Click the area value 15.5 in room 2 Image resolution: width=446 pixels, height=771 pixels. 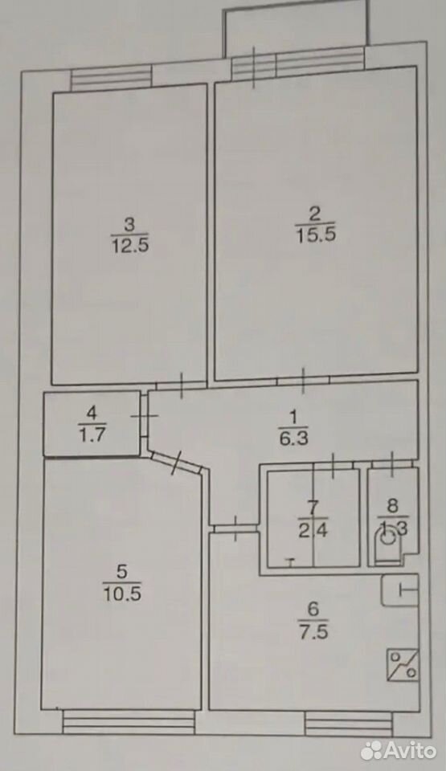[316, 235]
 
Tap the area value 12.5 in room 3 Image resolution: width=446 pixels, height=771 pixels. [129, 244]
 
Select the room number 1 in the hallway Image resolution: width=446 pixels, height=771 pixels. [293, 418]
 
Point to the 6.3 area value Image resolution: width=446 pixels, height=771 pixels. [294, 438]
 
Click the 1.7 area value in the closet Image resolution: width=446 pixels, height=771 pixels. [92, 434]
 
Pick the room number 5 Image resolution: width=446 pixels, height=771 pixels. [122, 572]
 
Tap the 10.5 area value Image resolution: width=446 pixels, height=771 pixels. [122, 594]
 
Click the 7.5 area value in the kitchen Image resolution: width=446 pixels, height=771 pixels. [313, 630]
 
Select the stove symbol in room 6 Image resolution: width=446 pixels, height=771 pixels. [403, 665]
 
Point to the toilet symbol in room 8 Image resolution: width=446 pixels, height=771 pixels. [389, 546]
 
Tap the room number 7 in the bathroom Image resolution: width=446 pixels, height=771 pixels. [313, 507]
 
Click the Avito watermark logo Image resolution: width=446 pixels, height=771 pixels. [399, 750]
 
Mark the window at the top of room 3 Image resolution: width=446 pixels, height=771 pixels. [111, 79]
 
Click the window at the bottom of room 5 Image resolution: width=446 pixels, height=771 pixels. [129, 722]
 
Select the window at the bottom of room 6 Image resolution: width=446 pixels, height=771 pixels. [349, 724]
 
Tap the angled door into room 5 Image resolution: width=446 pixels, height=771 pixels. [176, 463]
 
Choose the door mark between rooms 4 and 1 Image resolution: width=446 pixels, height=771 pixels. [144, 415]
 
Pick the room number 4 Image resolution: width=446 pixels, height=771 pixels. [92, 414]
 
